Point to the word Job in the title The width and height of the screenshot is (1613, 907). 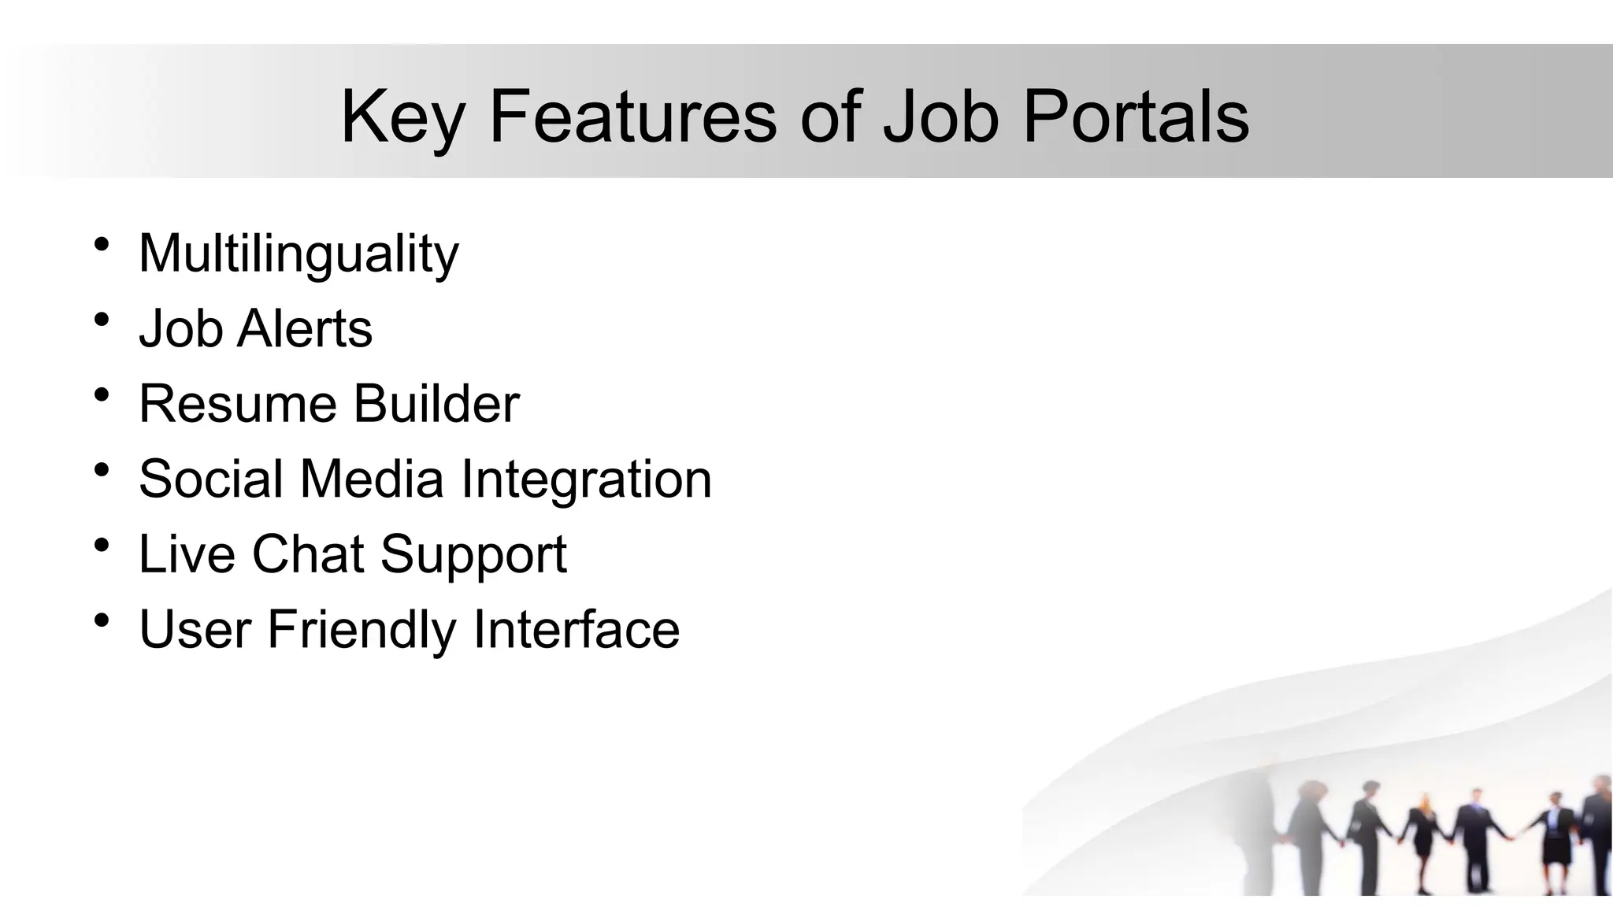[x=940, y=117]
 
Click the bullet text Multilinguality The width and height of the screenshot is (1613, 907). [x=298, y=254]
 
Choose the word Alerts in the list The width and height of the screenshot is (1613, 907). [x=304, y=328]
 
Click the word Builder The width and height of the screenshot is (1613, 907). [x=436, y=404]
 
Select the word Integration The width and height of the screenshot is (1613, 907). [x=586, y=479]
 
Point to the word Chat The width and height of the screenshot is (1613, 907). [x=307, y=553]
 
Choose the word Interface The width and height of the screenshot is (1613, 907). [x=576, y=629]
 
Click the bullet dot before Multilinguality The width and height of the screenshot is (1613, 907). [x=101, y=244]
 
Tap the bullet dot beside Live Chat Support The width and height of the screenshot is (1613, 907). [x=101, y=545]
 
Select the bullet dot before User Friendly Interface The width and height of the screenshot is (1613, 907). [x=101, y=620]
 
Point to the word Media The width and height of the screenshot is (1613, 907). [x=372, y=479]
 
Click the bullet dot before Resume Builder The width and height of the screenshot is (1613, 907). [x=101, y=394]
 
